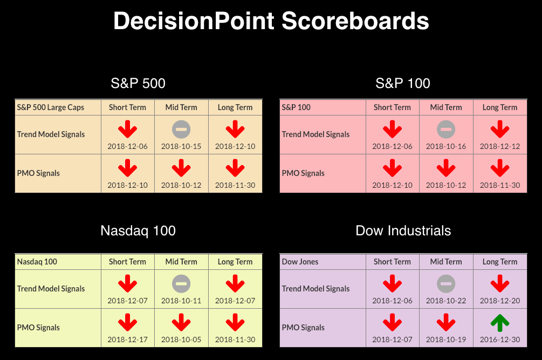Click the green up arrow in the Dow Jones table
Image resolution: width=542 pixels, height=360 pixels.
[500, 323]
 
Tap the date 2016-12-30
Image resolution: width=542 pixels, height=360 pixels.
[500, 339]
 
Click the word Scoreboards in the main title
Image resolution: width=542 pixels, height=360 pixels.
[355, 21]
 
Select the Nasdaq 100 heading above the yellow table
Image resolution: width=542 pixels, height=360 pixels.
[138, 230]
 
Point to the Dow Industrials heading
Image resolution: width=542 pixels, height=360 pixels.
[403, 230]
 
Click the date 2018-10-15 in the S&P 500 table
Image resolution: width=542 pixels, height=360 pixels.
[181, 146]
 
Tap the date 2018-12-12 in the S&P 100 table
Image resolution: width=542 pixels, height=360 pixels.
[500, 146]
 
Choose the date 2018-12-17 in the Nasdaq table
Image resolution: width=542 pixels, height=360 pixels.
[128, 339]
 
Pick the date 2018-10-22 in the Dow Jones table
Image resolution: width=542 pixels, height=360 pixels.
[446, 301]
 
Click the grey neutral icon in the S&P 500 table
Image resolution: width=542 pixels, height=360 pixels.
[181, 130]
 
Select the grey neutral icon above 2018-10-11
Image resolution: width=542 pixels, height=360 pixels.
[181, 284]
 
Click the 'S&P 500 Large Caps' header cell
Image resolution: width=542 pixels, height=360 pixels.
[51, 107]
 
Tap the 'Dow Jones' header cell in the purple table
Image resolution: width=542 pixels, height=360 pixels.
[300, 262]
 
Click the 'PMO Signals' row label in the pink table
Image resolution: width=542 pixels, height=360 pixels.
[303, 173]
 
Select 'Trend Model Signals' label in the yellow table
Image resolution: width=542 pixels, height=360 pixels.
[51, 289]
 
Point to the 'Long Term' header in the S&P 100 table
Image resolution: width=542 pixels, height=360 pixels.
[500, 107]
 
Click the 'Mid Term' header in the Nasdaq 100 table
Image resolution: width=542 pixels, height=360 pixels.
[181, 262]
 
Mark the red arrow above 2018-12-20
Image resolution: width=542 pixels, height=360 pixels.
[500, 283]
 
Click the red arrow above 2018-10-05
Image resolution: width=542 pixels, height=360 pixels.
[181, 322]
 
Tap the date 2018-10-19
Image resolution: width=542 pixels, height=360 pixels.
[446, 339]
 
